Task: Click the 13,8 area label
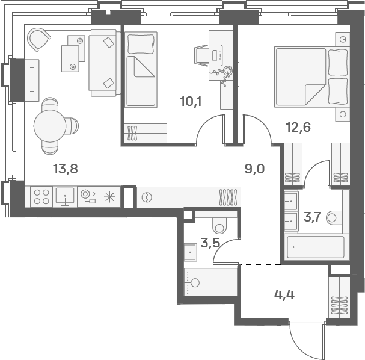pos(66,169)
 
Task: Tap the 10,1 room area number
pos(191,102)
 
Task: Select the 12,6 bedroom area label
pos(298,128)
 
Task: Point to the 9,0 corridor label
pos(254,169)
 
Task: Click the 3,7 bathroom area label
pos(313,217)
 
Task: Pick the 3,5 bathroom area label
pos(210,243)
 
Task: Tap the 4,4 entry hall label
pos(284,295)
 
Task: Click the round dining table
pos(50,126)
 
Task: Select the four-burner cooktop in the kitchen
pos(41,197)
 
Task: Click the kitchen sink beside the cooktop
pos(65,197)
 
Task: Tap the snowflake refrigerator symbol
pos(109,197)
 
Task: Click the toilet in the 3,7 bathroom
pos(334,218)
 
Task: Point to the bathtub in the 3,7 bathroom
pos(316,247)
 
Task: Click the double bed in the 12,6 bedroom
pos(312,77)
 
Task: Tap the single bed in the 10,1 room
pos(141,69)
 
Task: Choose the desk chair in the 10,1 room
pos(201,55)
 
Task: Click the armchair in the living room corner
pos(38,39)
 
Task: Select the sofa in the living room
pos(105,63)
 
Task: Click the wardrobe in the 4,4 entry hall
pos(339,297)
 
